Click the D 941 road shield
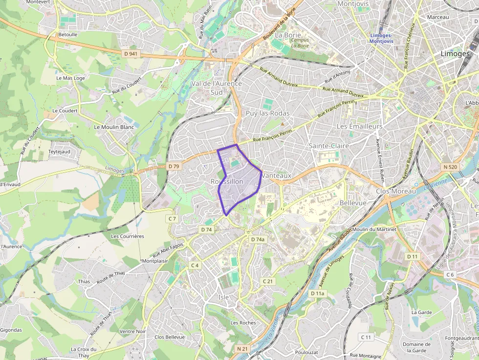[x=131, y=54]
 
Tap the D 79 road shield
[x=174, y=166]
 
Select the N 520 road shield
[x=450, y=167]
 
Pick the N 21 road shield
[x=242, y=349]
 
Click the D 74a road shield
[x=258, y=239]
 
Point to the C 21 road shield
[x=267, y=281]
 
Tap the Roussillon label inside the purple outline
[x=227, y=181]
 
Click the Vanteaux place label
[x=276, y=175]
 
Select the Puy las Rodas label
[x=267, y=113]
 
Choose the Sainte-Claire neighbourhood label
[x=329, y=146]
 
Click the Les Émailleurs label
[x=359, y=126]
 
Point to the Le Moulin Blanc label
[x=113, y=127]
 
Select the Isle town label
[x=224, y=297]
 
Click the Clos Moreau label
[x=396, y=191]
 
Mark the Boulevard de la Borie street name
[x=279, y=24]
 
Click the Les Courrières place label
[x=128, y=236]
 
